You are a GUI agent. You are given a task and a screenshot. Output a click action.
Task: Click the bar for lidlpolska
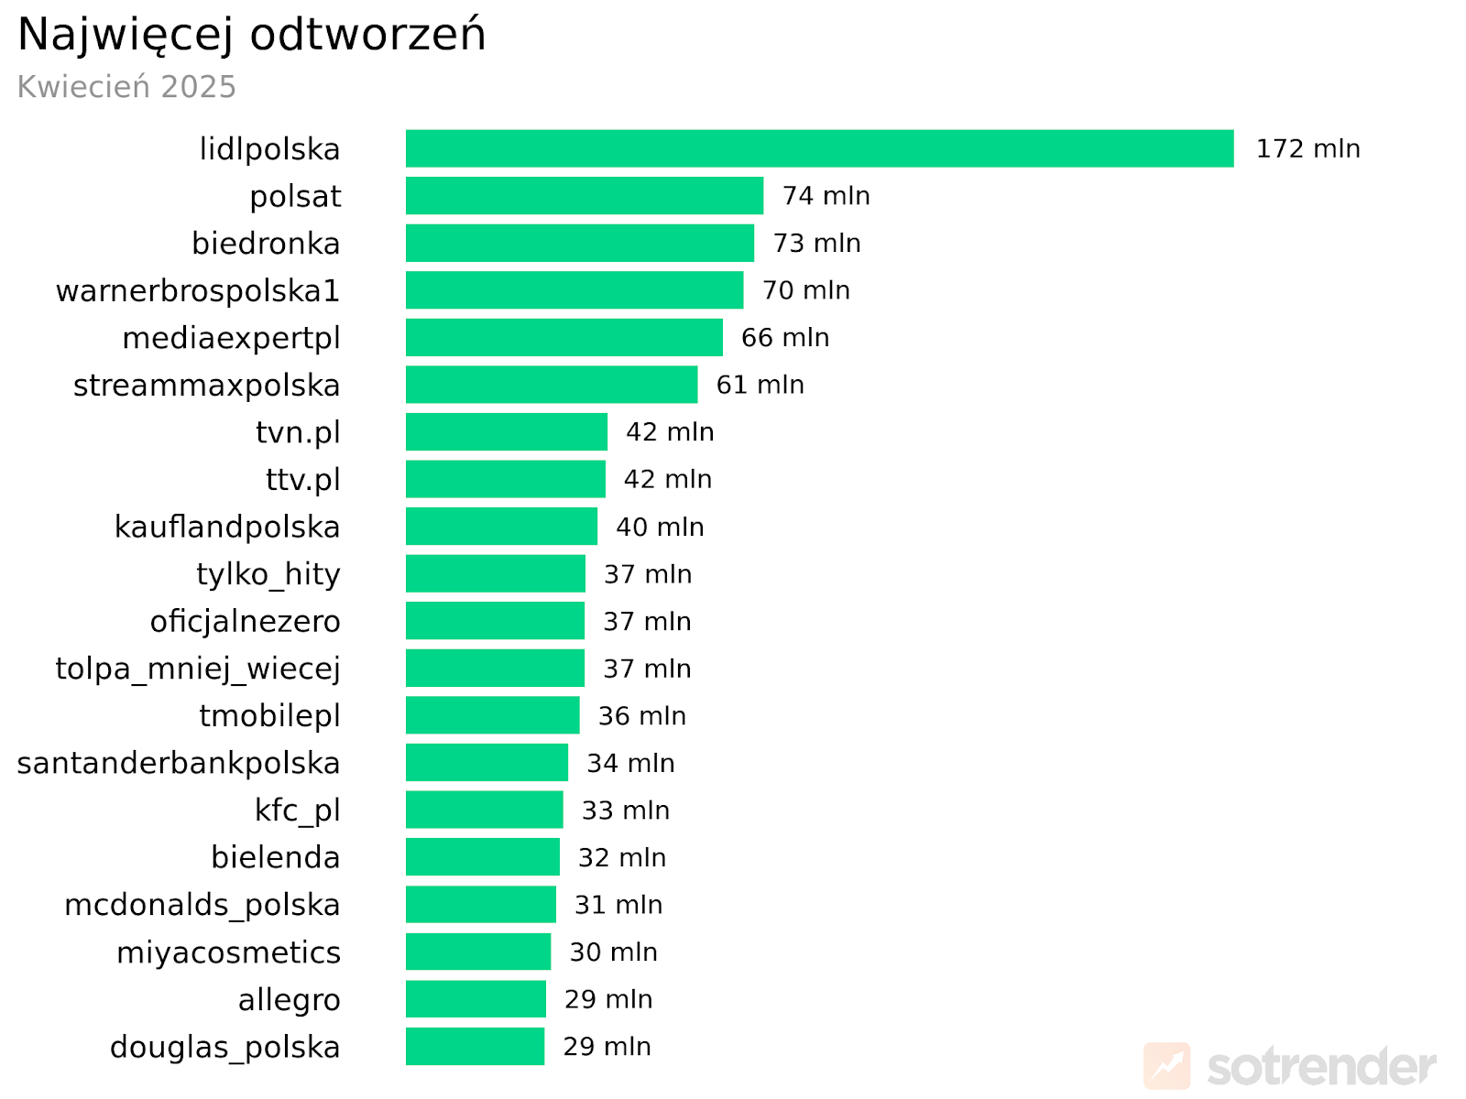pyautogui.click(x=819, y=148)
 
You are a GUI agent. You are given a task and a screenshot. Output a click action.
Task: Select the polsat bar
pyautogui.click(x=584, y=196)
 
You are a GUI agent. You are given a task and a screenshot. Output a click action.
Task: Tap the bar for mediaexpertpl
pyautogui.click(x=563, y=337)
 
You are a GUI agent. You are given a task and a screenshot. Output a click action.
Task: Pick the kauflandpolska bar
pyautogui.click(x=501, y=527)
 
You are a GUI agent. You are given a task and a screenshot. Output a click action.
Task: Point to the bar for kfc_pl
pyautogui.click(x=484, y=810)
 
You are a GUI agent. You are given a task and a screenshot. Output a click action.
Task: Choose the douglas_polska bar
pyautogui.click(x=475, y=1046)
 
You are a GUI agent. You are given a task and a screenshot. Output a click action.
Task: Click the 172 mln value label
pyautogui.click(x=1307, y=148)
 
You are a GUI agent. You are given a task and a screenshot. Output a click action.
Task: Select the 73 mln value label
pyautogui.click(x=816, y=243)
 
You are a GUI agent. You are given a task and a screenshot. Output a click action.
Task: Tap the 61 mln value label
pyautogui.click(x=760, y=385)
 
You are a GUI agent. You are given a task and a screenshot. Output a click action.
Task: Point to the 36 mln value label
pyautogui.click(x=641, y=715)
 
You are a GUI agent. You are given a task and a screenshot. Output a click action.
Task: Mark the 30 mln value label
pyautogui.click(x=613, y=952)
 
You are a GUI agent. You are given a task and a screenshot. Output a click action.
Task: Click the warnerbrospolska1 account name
pyautogui.click(x=198, y=290)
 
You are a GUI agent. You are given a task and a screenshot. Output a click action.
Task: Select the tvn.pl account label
pyautogui.click(x=298, y=432)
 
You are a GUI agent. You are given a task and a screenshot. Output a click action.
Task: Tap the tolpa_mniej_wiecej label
pyautogui.click(x=198, y=669)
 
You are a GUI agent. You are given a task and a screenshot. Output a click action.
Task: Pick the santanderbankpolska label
pyautogui.click(x=179, y=763)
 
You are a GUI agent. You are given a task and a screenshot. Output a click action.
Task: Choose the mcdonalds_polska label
pyautogui.click(x=202, y=905)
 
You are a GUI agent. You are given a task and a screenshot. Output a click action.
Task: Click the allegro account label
pyautogui.click(x=289, y=999)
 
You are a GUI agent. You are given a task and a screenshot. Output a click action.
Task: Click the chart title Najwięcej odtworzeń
pyautogui.click(x=252, y=35)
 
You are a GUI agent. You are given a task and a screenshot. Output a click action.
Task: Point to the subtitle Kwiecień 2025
pyautogui.click(x=126, y=87)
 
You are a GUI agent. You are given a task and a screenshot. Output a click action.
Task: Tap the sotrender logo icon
pyautogui.click(x=1166, y=1066)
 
